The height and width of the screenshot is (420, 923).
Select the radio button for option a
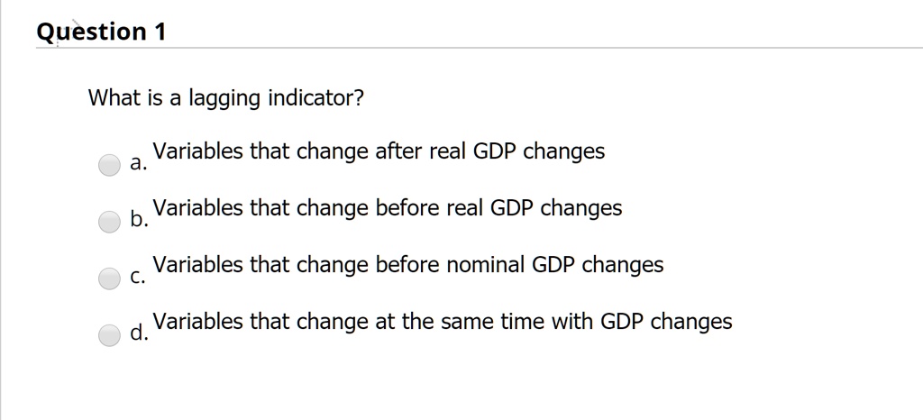click(109, 165)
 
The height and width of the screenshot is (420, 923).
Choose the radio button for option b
click(109, 222)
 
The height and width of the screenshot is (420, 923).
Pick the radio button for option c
click(109, 278)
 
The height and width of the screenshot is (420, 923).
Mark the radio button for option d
click(109, 335)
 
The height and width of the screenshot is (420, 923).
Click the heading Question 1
click(101, 32)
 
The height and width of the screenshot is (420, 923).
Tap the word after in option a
click(399, 151)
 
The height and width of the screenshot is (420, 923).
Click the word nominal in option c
click(484, 264)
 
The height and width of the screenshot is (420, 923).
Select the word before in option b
click(407, 207)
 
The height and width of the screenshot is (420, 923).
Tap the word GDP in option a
click(494, 151)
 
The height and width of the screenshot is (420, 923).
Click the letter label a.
click(137, 165)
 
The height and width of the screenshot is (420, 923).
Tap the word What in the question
click(114, 97)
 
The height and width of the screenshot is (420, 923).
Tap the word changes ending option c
click(623, 265)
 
